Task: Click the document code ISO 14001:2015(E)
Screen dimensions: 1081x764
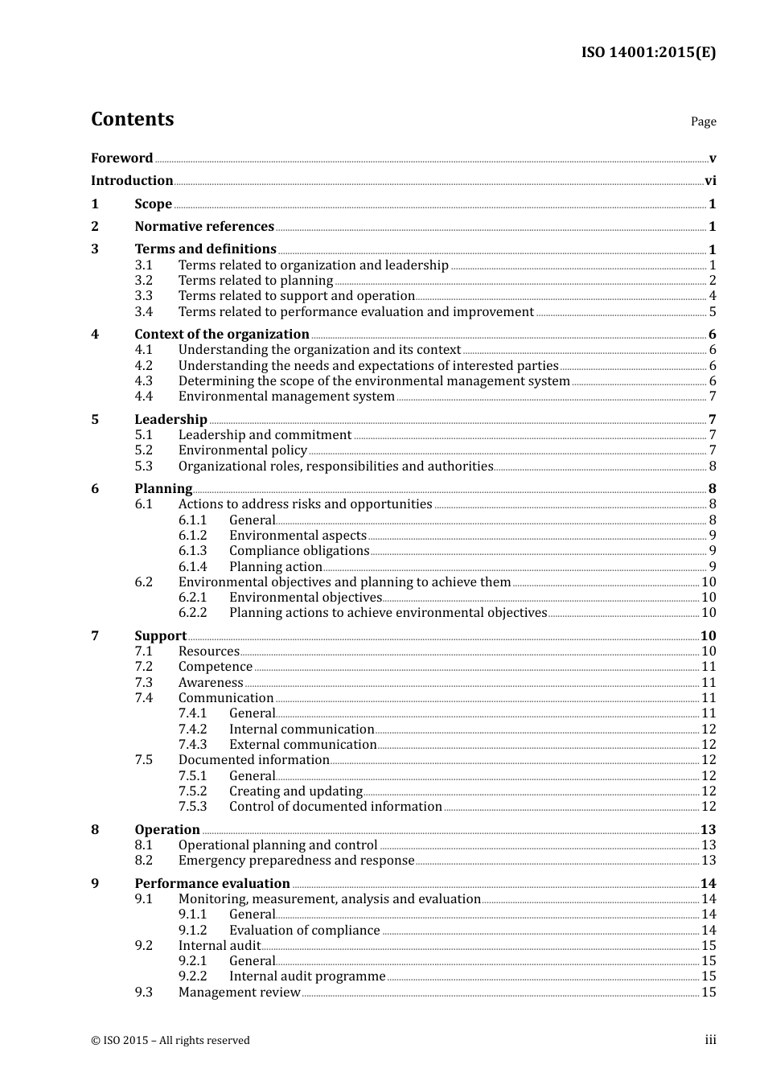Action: [x=648, y=52]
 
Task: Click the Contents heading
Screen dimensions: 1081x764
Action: [x=132, y=119]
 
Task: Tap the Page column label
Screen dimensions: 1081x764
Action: [x=703, y=121]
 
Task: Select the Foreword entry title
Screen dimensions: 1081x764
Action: [x=121, y=158]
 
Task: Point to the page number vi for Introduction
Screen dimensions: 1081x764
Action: [x=710, y=181]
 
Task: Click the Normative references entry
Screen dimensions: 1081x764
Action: [x=204, y=227]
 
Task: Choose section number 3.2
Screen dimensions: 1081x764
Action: [x=143, y=281]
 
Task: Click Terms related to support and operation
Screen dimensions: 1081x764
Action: [x=296, y=296]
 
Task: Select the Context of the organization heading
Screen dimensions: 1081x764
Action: [x=221, y=334]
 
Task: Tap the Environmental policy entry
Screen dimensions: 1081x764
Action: [x=242, y=450]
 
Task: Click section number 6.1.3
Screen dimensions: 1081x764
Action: [x=192, y=551]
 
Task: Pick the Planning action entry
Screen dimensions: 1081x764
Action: [x=275, y=567]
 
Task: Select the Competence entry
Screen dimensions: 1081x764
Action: [x=215, y=667]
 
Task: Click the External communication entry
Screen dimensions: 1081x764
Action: [x=302, y=745]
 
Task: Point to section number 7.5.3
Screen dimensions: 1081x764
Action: [x=192, y=807]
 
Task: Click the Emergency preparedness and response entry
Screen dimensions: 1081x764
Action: [x=296, y=861]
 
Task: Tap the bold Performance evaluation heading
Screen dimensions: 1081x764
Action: [x=212, y=883]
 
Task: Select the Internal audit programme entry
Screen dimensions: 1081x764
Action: [x=307, y=976]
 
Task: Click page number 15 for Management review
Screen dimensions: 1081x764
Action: [x=709, y=993]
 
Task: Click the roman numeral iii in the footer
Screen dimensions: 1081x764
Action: [x=710, y=1040]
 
